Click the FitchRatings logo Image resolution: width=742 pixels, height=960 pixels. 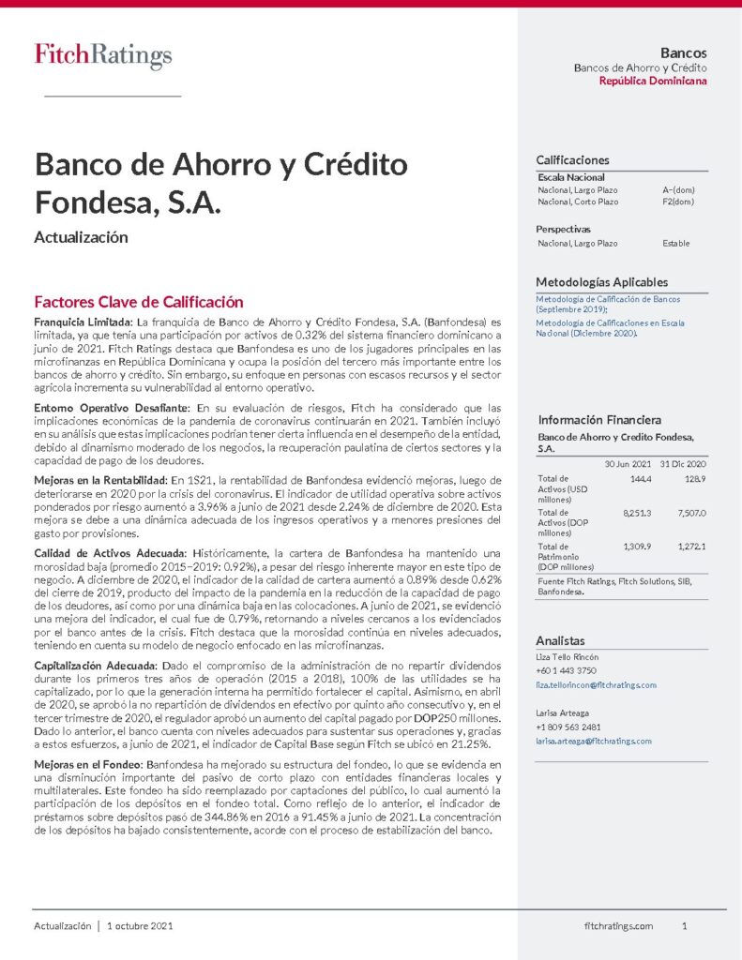[103, 56]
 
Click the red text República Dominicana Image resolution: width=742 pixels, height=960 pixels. [653, 82]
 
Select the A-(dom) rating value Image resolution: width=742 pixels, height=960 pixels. [678, 189]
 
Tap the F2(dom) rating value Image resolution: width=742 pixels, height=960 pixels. [678, 202]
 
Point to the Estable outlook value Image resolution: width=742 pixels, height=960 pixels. [675, 244]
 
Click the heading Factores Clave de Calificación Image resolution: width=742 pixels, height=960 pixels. [138, 302]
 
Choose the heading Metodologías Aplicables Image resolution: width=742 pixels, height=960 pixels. [601, 282]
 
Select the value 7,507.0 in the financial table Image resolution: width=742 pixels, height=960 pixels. [690, 513]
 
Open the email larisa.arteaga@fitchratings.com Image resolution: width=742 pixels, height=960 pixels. [593, 741]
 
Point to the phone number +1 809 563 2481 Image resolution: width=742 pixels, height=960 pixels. [568, 727]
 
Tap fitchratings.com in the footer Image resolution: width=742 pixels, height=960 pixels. [618, 926]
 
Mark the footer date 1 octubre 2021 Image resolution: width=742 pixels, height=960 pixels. [140, 926]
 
